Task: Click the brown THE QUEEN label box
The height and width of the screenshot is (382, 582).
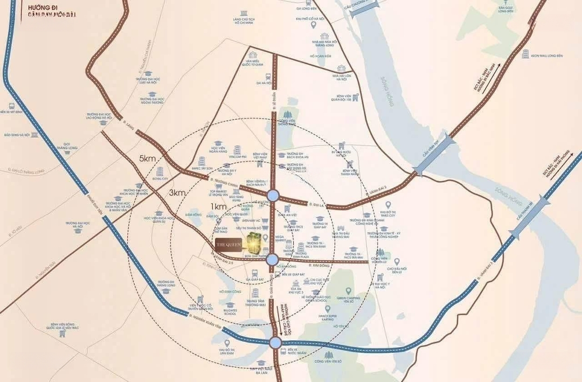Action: pyautogui.click(x=228, y=244)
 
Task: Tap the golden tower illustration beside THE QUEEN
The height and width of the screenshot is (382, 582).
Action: pyautogui.click(x=253, y=244)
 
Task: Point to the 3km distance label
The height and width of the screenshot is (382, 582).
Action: pyautogui.click(x=177, y=192)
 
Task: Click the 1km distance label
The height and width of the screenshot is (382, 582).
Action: pyautogui.click(x=218, y=207)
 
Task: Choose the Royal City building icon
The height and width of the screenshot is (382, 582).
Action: pyautogui.click(x=160, y=172)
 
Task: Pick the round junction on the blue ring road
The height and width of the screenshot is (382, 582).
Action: pyautogui.click(x=275, y=342)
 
